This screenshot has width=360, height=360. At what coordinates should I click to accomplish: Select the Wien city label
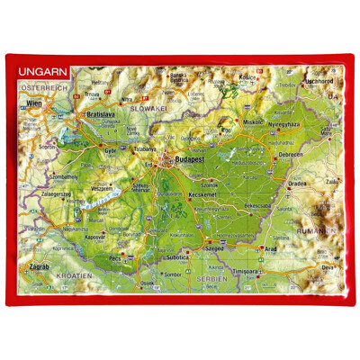click(x=36, y=103)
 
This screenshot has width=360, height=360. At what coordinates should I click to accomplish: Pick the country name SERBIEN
click(x=207, y=279)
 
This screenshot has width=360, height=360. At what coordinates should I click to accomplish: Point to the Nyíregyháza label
click(x=288, y=121)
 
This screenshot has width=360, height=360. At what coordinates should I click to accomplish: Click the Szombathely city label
click(x=40, y=177)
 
